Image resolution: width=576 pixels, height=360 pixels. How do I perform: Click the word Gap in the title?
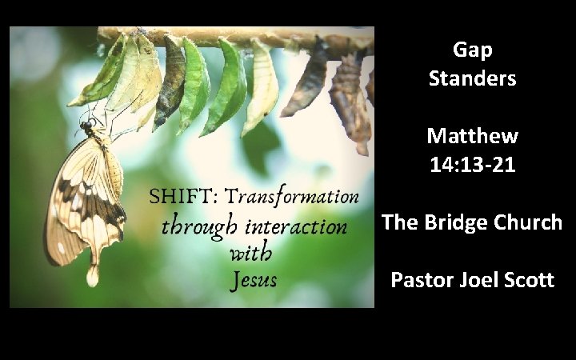click(472, 50)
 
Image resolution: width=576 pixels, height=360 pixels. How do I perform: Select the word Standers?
click(472, 79)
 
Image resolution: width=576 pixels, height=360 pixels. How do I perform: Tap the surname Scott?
click(530, 282)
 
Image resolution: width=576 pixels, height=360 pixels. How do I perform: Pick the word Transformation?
click(290, 197)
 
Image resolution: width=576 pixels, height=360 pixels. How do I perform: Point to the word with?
click(250, 255)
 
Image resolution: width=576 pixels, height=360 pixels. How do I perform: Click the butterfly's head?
click(86, 124)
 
